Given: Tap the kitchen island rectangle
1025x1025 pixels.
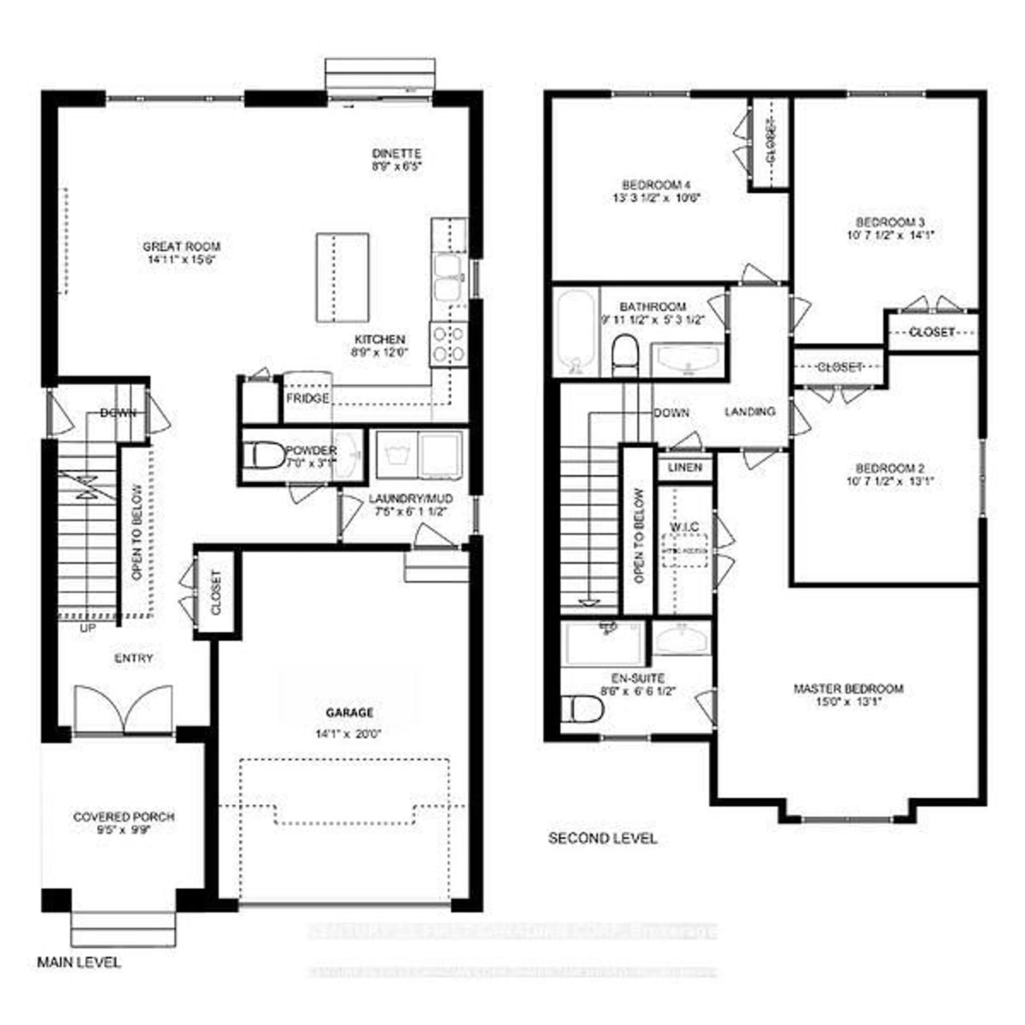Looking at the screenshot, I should coord(343,278).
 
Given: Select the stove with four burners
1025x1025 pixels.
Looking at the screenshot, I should coord(449,344).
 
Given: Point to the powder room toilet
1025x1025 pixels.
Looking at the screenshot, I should coord(264,455).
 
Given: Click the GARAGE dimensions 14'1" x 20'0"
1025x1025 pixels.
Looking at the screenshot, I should coord(349,734).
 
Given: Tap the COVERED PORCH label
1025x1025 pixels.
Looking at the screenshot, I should coord(124,817).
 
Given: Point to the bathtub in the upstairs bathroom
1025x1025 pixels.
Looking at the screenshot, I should coord(576,332).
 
